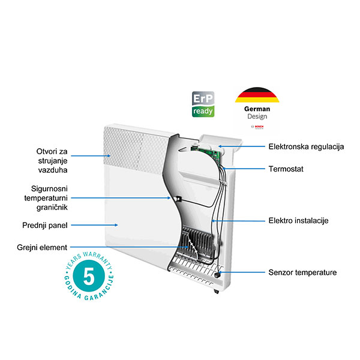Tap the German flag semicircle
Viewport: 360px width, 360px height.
257,95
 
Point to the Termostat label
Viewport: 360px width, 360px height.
286,170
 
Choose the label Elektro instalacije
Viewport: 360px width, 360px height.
298,221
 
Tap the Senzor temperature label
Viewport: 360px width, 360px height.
302,273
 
